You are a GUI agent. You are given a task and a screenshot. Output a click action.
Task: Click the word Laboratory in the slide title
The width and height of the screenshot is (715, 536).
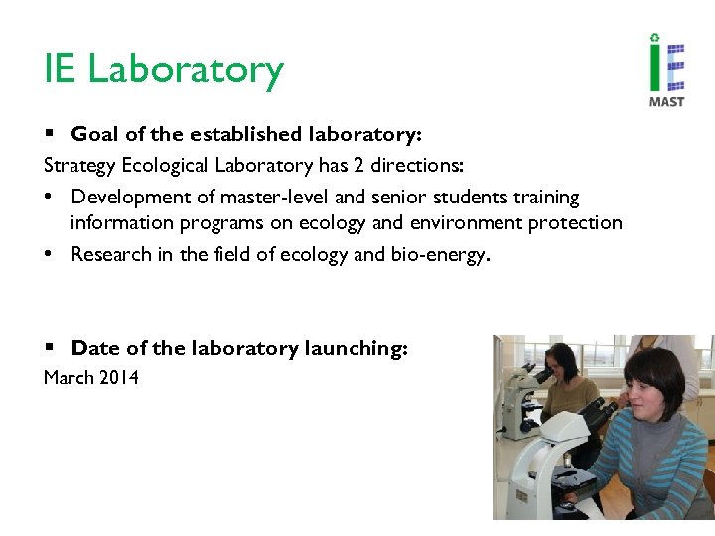[x=186, y=70]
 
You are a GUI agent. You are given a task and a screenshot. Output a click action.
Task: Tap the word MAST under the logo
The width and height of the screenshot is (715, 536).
[x=666, y=101]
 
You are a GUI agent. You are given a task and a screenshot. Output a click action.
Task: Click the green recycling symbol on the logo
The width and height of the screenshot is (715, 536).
[x=654, y=38]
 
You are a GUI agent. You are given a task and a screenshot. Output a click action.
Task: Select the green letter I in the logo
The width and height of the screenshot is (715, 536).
[x=654, y=69]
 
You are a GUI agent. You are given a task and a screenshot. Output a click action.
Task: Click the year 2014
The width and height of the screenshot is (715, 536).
[x=118, y=377]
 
